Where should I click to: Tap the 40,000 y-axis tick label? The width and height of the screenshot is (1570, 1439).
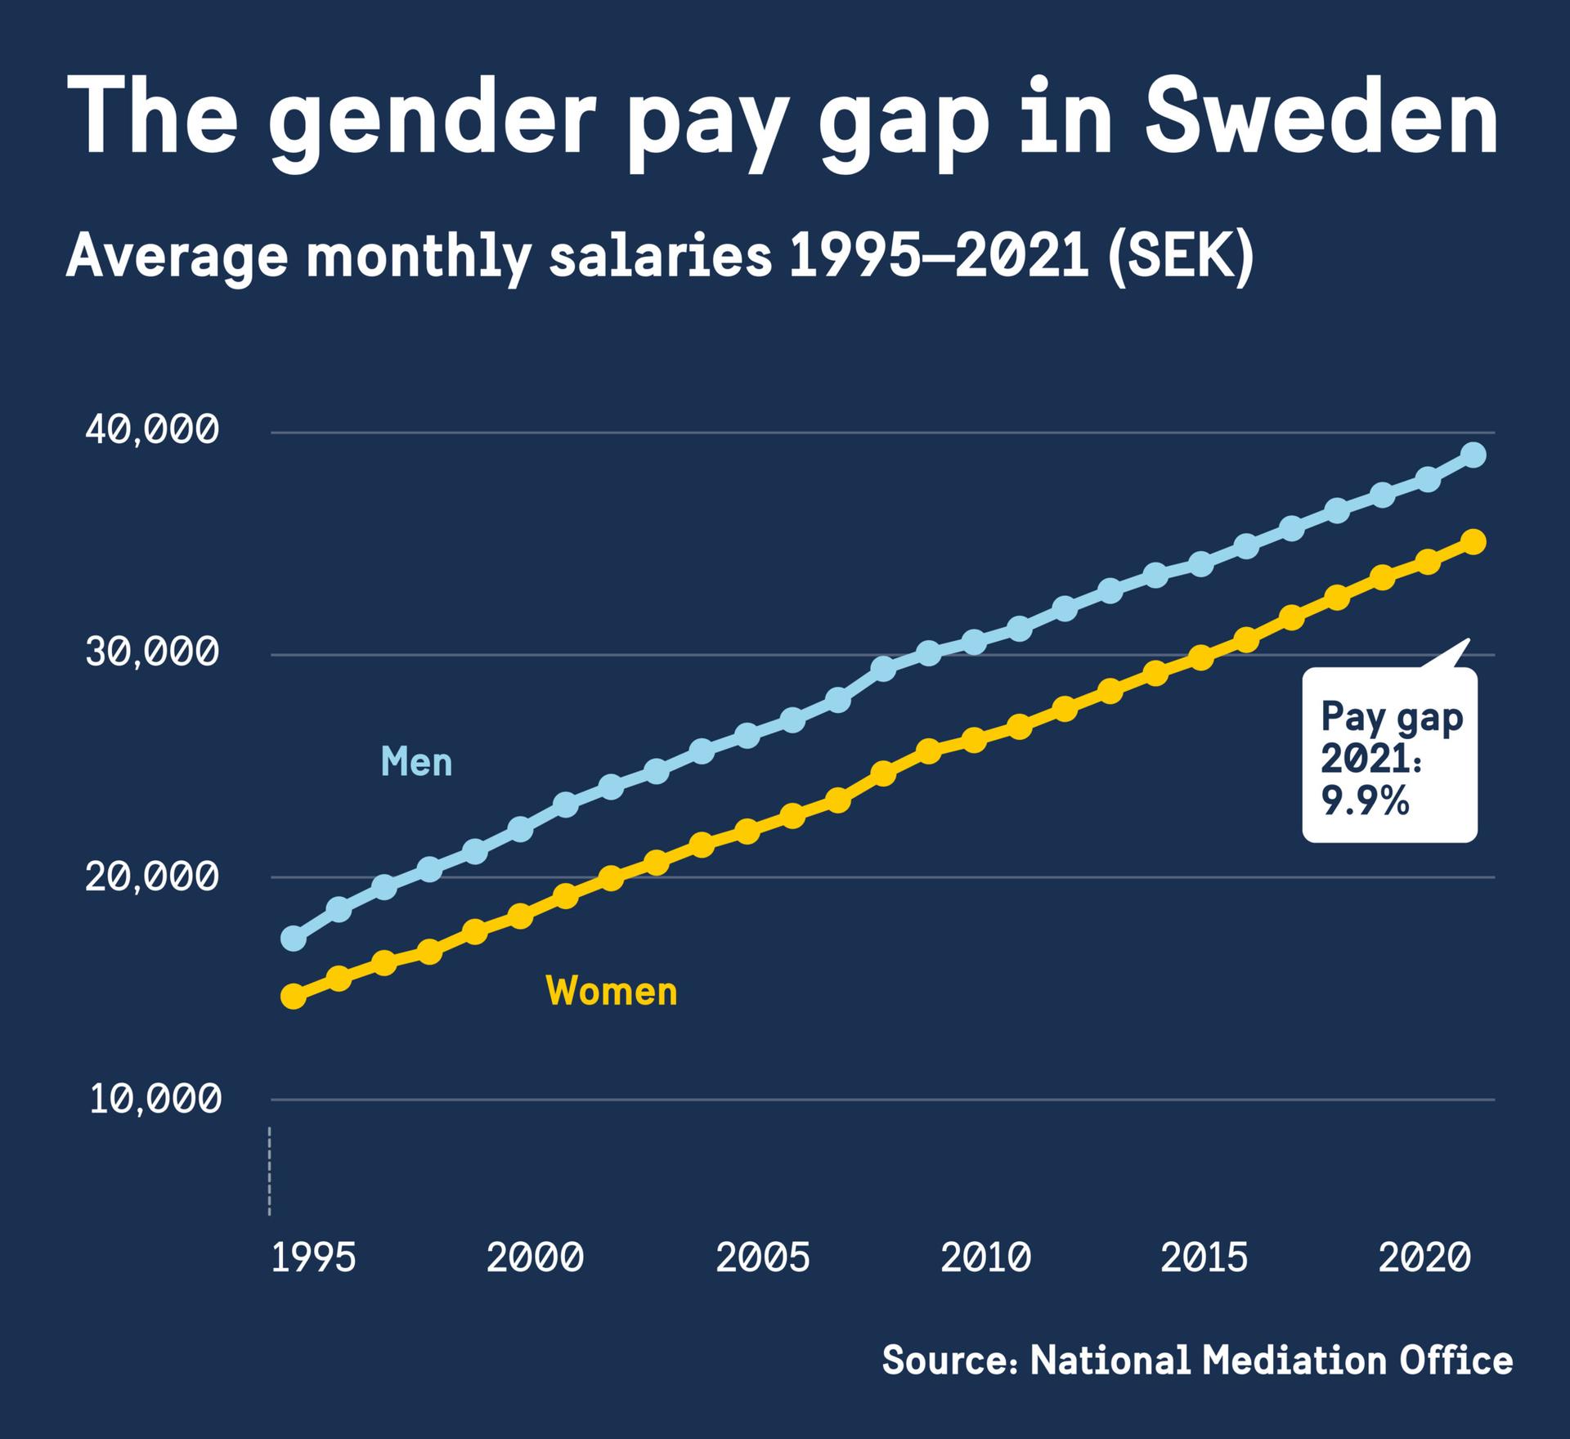pyautogui.click(x=153, y=431)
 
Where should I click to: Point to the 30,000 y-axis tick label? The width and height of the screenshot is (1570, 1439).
pyautogui.click(x=153, y=653)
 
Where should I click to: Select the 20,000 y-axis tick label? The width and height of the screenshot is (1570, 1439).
pyautogui.click(x=153, y=876)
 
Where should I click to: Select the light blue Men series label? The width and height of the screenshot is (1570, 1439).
pyautogui.click(x=416, y=762)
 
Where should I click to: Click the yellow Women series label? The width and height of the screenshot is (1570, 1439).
pyautogui.click(x=612, y=992)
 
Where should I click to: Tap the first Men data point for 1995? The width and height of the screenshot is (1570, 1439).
pyautogui.click(x=294, y=939)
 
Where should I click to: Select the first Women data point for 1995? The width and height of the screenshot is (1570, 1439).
pyautogui.click(x=294, y=996)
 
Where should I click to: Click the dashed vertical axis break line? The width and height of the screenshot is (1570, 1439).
pyautogui.click(x=269, y=1171)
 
